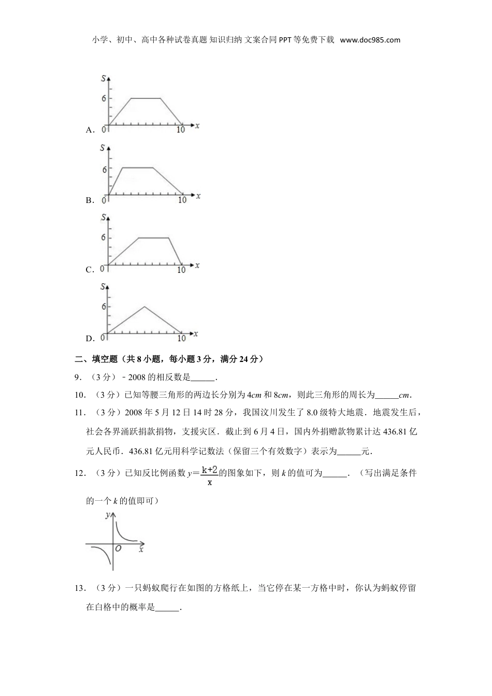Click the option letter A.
(x=89, y=130)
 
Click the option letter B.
(x=89, y=200)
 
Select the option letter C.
(x=89, y=270)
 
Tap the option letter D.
(x=89, y=339)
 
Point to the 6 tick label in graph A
(x=104, y=98)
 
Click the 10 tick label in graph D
(x=181, y=339)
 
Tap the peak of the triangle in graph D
(x=144, y=307)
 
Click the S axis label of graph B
(x=103, y=148)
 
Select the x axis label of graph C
(x=197, y=265)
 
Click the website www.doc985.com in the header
(x=370, y=40)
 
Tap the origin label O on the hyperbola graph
(x=119, y=548)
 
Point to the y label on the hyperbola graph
(x=107, y=514)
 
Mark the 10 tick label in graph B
(x=182, y=200)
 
